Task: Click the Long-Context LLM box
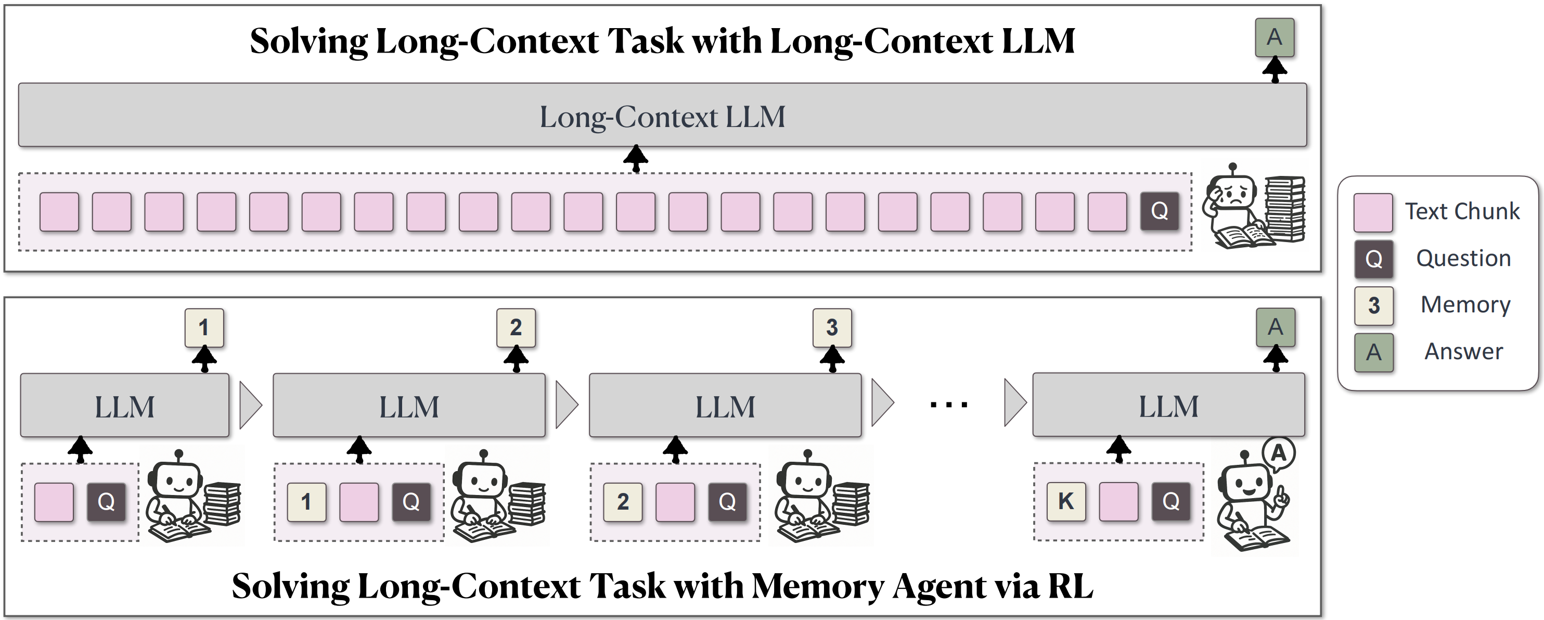tap(662, 115)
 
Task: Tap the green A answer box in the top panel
tap(1275, 37)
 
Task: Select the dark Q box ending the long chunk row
tap(1159, 211)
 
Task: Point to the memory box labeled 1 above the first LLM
tap(204, 327)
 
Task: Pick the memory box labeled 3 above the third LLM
tap(832, 327)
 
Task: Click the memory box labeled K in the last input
tap(1066, 501)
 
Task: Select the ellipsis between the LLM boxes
tap(948, 406)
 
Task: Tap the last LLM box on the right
tap(1168, 406)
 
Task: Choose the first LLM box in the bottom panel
tap(125, 406)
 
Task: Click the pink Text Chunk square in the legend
tap(1372, 212)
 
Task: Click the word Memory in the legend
tap(1465, 305)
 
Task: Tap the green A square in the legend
tap(1373, 352)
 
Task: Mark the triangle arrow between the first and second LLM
tap(250, 406)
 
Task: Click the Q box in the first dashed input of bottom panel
tap(106, 502)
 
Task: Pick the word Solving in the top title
tap(308, 41)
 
